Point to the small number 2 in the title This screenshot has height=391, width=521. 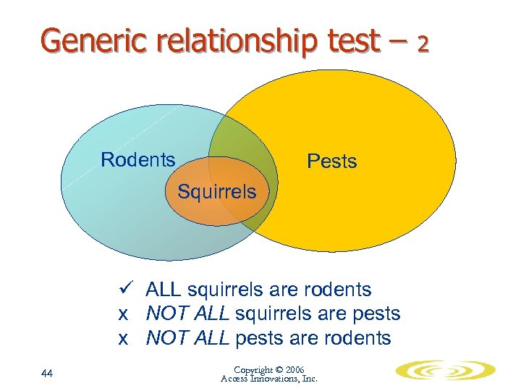click(x=423, y=45)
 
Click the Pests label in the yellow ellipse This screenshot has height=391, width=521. click(x=331, y=161)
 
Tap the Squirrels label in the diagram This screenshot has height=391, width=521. click(x=217, y=192)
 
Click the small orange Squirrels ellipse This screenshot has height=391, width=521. click(x=217, y=206)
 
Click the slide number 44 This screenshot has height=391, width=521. click(x=48, y=373)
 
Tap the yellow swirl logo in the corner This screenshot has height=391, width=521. click(x=445, y=371)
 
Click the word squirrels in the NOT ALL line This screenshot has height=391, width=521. click(x=267, y=314)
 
